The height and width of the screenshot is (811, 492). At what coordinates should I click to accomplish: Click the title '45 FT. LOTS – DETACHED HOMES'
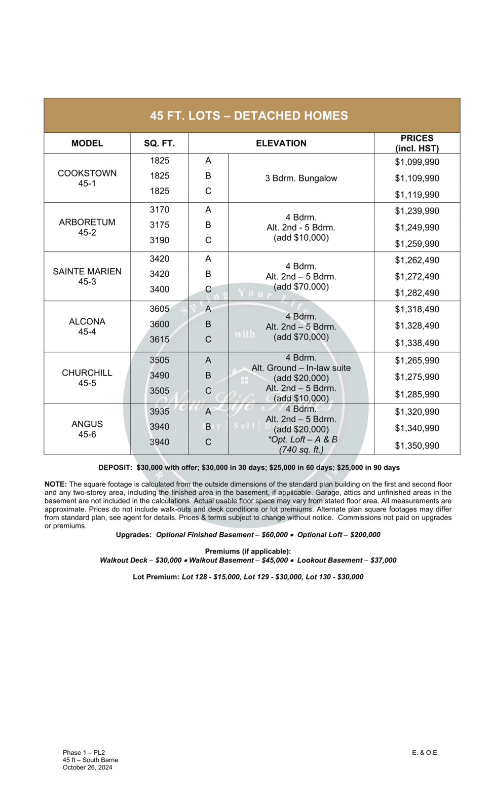click(x=249, y=116)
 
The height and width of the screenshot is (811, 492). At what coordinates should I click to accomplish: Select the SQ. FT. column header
click(x=159, y=143)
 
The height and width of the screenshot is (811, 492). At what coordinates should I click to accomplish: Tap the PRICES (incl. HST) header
click(x=417, y=143)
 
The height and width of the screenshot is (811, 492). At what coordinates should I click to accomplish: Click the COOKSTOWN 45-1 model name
click(x=87, y=178)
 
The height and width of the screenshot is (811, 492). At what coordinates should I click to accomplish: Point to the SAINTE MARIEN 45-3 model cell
click(x=87, y=276)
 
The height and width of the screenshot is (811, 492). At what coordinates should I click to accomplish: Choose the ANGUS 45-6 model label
click(x=87, y=429)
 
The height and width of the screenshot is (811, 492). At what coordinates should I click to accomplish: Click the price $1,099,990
click(x=417, y=162)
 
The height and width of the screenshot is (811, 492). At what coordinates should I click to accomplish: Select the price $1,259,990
click(x=417, y=244)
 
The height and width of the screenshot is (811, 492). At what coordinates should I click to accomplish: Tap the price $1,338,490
click(x=417, y=343)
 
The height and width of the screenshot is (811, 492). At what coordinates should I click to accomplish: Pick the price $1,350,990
click(x=417, y=446)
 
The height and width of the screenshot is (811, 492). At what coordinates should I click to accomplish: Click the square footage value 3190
click(x=159, y=240)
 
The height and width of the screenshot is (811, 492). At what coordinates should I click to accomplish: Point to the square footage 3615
click(x=159, y=340)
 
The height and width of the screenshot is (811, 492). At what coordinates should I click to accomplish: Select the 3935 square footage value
click(x=159, y=412)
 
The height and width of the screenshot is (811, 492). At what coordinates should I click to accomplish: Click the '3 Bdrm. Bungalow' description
click(x=301, y=178)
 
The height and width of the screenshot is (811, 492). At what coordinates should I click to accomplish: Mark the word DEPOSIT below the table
click(x=115, y=468)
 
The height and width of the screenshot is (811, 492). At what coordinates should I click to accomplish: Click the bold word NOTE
click(x=55, y=485)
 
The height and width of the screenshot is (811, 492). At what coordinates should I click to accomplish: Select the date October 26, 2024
click(x=87, y=767)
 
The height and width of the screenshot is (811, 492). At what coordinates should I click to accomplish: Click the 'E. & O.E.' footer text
click(x=425, y=753)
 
